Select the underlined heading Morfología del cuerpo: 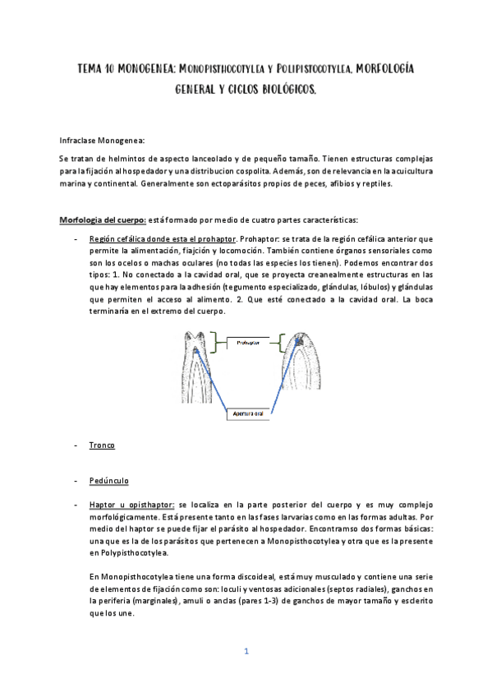pyautogui.click(x=103, y=219)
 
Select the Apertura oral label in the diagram pyautogui.click(x=246, y=414)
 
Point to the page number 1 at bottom pyautogui.click(x=246, y=651)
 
